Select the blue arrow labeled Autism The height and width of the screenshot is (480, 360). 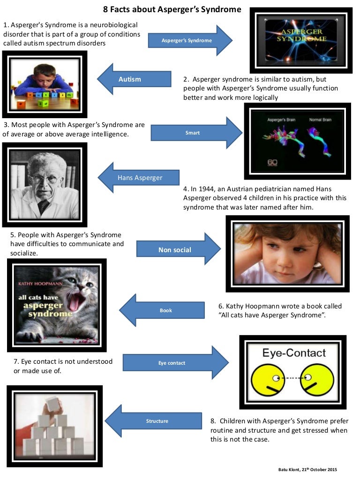[134, 79]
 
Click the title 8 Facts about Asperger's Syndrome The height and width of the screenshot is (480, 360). [172, 9]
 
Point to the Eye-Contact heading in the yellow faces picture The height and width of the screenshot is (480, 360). [293, 352]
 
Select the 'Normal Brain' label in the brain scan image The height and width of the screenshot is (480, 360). [320, 120]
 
